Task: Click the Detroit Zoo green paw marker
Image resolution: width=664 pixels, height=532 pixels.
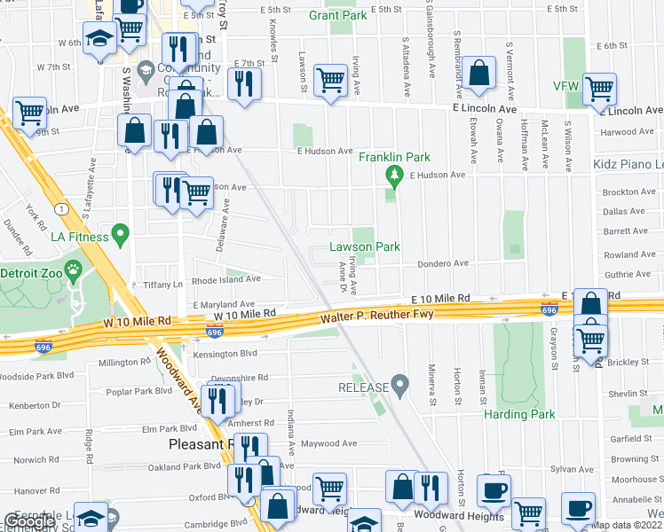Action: [73, 270]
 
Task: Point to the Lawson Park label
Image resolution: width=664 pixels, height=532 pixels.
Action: [364, 246]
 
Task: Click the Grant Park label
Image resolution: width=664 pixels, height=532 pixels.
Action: [337, 15]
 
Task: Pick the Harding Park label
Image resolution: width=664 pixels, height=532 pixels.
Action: [519, 414]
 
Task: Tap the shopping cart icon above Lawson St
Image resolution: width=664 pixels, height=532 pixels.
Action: [330, 80]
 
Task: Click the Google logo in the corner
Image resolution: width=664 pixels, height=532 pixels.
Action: [28, 522]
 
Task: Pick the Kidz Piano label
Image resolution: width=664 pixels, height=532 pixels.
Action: [628, 166]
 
